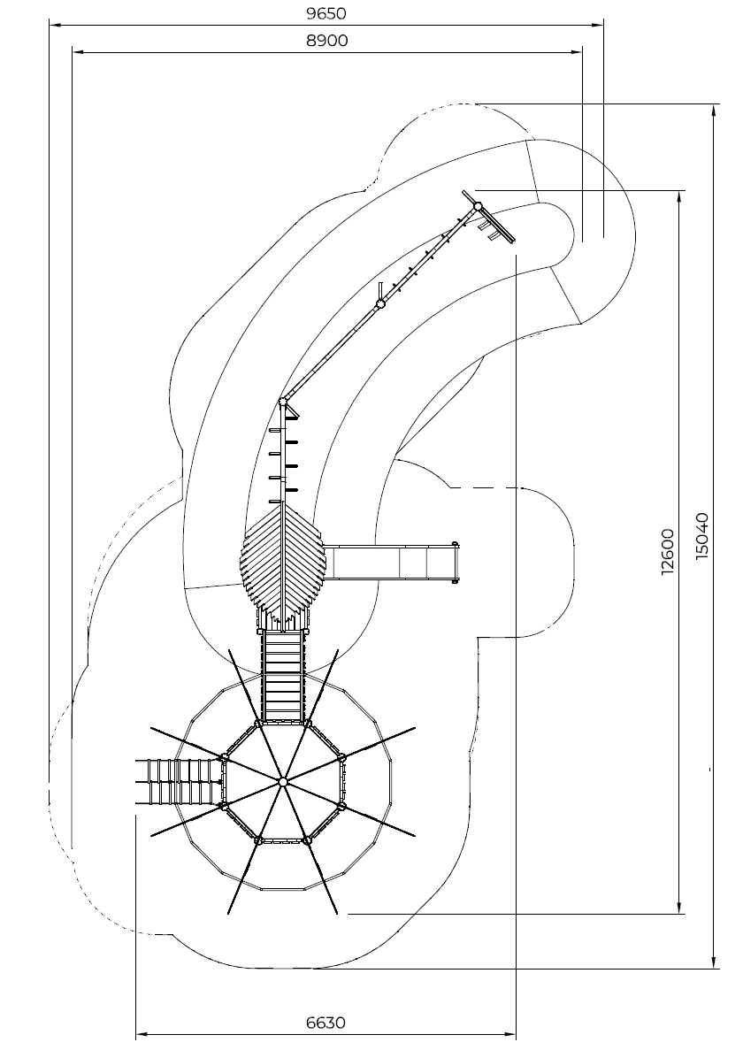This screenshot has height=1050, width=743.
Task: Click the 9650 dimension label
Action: (326, 13)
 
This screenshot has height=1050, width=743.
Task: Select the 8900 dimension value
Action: (326, 40)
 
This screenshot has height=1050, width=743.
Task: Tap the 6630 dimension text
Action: (326, 1023)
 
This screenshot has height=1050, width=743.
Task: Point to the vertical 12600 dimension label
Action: (668, 553)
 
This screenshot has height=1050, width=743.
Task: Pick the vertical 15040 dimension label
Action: (701, 536)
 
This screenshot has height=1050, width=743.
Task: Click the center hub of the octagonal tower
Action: (282, 781)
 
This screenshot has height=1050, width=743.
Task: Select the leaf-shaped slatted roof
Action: (282, 563)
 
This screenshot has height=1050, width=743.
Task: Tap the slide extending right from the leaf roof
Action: (391, 561)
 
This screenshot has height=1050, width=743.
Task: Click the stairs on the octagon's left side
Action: (180, 781)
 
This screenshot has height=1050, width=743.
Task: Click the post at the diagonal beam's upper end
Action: (478, 206)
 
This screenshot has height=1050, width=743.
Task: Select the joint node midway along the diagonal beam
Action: (381, 304)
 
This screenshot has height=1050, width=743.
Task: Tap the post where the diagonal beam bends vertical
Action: (283, 402)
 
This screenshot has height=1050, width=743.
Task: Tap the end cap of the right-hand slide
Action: (456, 562)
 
